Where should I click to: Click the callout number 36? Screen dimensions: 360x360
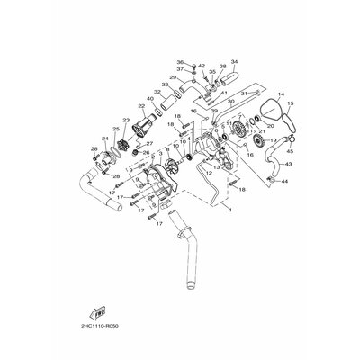point(179,62)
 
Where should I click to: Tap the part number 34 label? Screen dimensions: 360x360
point(234,62)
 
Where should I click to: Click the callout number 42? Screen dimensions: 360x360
point(201,65)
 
